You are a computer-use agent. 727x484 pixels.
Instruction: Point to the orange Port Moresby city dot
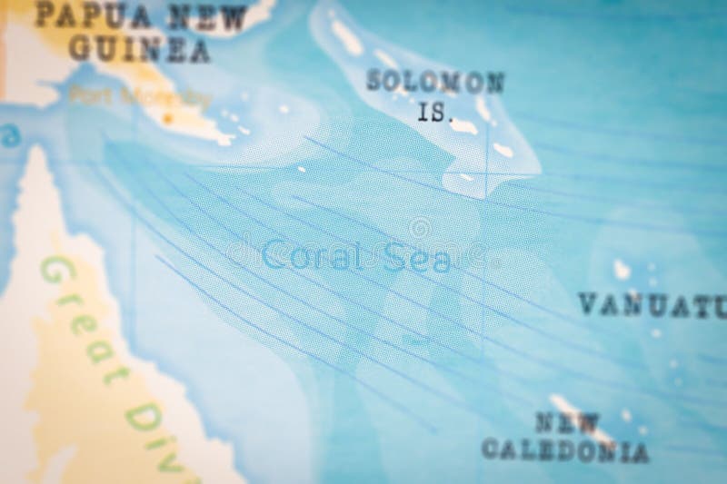pyautogui.click(x=167, y=117)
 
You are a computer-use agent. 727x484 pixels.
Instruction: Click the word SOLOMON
pyautogui.click(x=435, y=82)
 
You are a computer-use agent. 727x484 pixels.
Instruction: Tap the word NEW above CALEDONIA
pyautogui.click(x=567, y=422)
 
